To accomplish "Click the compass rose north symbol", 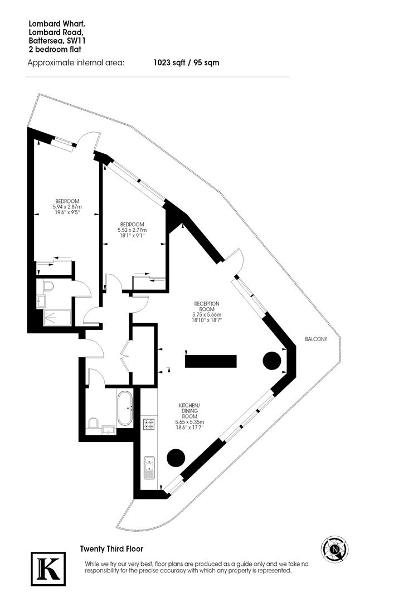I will (336, 549).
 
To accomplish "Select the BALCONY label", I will (316, 339).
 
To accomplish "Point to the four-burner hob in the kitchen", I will (149, 425).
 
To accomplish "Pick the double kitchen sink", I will (149, 467).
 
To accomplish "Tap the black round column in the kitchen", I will (176, 458).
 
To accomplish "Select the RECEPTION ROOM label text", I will (207, 307).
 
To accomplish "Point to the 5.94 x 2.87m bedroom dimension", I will (67, 207).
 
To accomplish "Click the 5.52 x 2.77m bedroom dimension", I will (132, 230).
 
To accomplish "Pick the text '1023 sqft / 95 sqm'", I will (186, 62).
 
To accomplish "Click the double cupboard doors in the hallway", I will (126, 356).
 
